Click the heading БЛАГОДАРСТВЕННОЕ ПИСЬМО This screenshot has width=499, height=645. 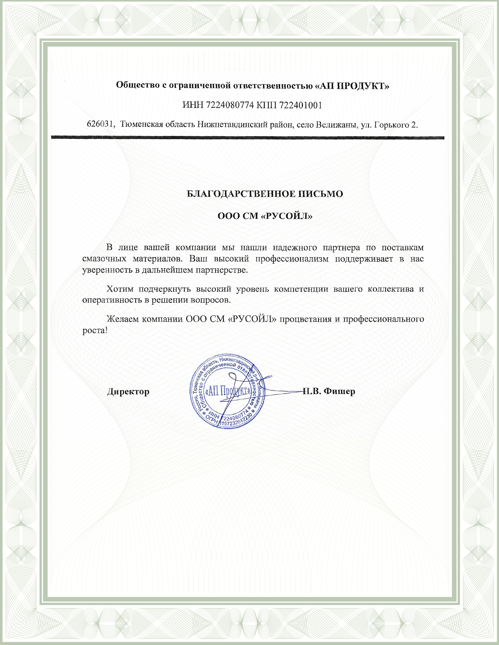click(x=265, y=194)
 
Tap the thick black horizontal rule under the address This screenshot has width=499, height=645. click(x=248, y=138)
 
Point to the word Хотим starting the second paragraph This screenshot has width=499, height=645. click(x=120, y=289)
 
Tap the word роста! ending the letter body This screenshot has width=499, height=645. click(x=95, y=331)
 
